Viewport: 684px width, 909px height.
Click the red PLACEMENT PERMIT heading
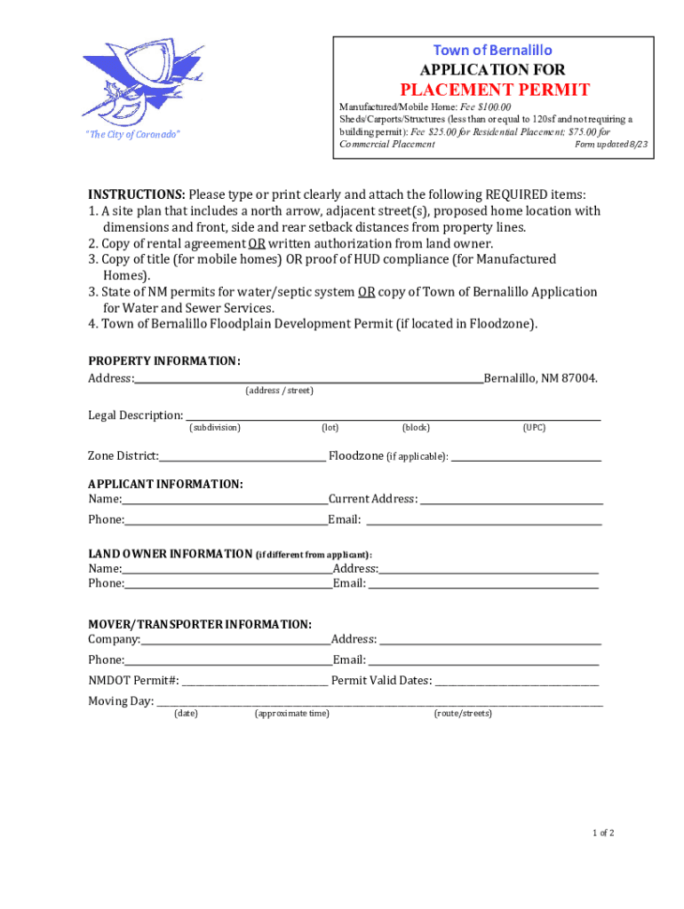tap(494, 90)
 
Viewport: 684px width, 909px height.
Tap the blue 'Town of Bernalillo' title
tap(492, 50)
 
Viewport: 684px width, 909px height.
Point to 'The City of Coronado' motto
tap(132, 134)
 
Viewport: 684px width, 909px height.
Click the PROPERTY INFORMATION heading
tap(163, 360)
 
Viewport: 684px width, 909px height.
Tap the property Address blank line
tap(308, 379)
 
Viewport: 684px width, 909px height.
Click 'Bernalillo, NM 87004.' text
tap(540, 379)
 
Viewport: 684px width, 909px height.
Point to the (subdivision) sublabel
tap(214, 428)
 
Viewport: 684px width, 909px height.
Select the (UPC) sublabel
tap(534, 428)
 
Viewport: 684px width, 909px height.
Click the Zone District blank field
tap(243, 456)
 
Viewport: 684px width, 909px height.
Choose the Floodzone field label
tap(388, 456)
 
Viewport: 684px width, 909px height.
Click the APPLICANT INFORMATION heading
tap(165, 484)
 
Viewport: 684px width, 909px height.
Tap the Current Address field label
tap(373, 499)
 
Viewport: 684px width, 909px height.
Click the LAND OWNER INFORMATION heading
tap(170, 554)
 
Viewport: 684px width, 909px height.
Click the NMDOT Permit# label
tap(133, 681)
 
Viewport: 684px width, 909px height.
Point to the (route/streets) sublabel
tap(463, 714)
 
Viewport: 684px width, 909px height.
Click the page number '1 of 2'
tap(603, 833)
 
